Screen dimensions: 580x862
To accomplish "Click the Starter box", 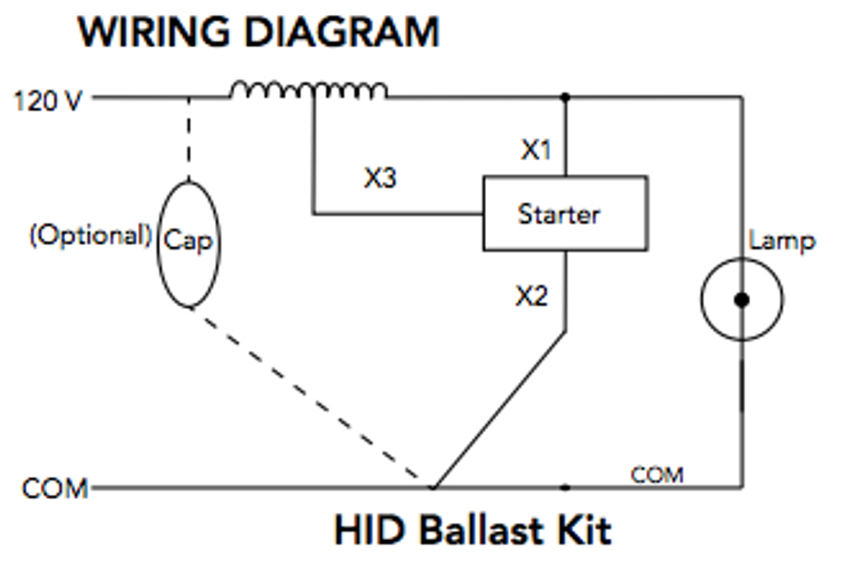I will click(564, 214).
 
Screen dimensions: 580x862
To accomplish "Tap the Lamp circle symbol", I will click(741, 300).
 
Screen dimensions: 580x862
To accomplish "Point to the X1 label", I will click(536, 151).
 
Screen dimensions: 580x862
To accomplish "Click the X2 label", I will click(532, 296).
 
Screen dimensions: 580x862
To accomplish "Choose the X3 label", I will click(380, 179).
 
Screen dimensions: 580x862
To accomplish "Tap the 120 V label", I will click(47, 102).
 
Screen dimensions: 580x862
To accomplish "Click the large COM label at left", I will click(55, 488).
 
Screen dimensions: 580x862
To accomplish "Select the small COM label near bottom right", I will click(657, 475).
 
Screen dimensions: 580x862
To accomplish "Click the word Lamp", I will click(782, 241).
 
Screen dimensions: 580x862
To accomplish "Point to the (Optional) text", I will click(90, 236).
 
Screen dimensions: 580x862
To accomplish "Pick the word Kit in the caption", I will click(585, 530).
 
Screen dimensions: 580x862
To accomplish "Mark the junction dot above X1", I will click(565, 98).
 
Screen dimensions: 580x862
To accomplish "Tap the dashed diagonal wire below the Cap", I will click(310, 397).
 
